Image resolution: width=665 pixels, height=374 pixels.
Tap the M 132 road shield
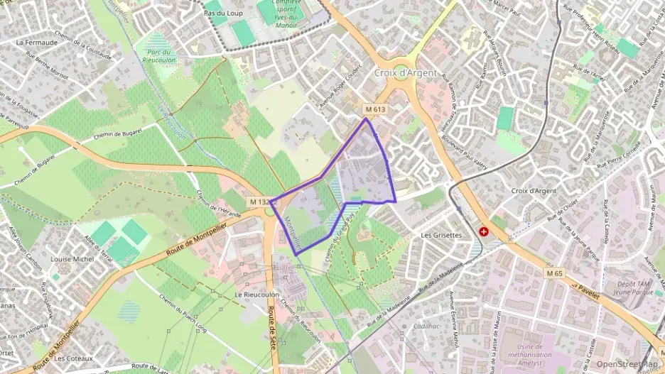[259, 202]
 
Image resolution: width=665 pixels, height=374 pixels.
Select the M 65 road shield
[556, 273]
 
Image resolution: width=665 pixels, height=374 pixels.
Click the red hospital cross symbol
[485, 231]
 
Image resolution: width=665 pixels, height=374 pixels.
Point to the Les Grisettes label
[441, 234]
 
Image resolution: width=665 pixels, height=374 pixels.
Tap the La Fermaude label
[36, 42]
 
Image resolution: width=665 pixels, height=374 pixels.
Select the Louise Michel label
[72, 259]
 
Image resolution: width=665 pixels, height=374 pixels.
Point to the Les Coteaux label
[74, 358]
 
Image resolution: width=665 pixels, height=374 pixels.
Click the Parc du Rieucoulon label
[158, 56]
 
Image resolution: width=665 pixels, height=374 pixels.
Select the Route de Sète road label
[271, 323]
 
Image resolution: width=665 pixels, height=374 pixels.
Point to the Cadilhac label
[426, 326]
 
